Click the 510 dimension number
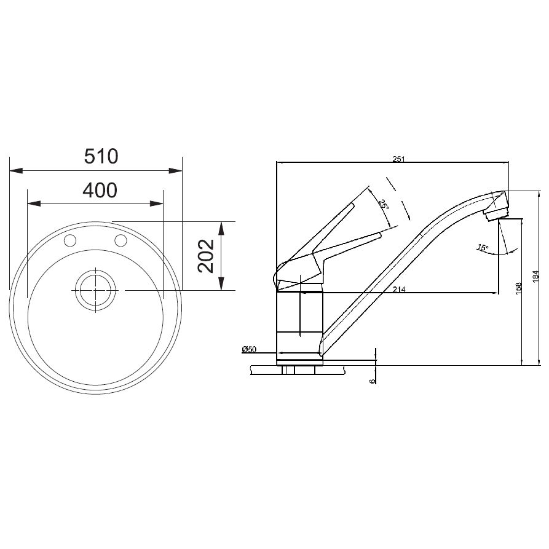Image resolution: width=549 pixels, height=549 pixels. (101, 157)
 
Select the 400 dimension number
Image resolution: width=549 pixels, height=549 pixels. (100, 190)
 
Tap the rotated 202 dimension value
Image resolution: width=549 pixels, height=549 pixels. (206, 256)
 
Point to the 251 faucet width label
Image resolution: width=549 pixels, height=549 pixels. (398, 159)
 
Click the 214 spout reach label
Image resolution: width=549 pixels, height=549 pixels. (399, 289)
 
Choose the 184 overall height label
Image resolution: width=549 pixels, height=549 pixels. (536, 277)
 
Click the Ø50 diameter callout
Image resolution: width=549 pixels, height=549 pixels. (249, 349)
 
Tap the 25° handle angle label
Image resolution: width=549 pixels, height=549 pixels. (383, 205)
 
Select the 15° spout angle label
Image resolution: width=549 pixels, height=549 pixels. (483, 248)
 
